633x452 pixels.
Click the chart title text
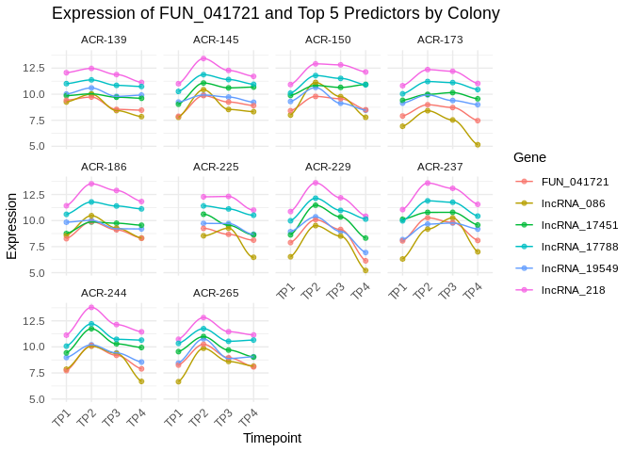click(275, 13)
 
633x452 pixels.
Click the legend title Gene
click(529, 156)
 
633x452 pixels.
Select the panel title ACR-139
click(104, 40)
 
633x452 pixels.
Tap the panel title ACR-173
click(440, 40)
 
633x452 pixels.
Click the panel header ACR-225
click(216, 167)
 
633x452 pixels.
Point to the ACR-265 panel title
click(216, 293)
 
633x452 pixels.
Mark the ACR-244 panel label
click(104, 293)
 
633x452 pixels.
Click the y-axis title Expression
click(12, 226)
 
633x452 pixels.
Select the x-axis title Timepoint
click(272, 438)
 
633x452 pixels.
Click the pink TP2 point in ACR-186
click(91, 183)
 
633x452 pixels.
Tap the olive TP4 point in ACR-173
click(478, 145)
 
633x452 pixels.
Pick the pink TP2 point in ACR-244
click(91, 307)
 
